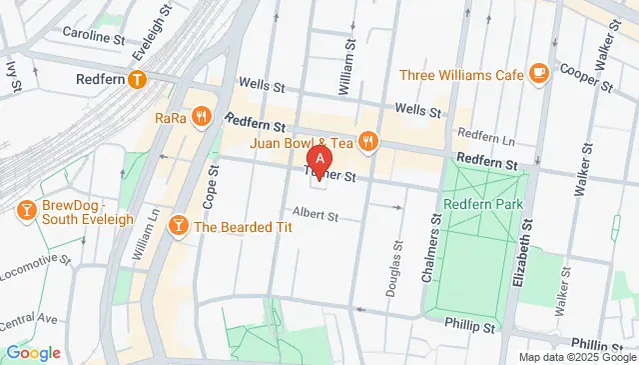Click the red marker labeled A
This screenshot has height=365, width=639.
pos(319,158)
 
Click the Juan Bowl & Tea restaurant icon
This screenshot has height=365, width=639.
pos(367,141)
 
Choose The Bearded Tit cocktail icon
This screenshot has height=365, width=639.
pos(180,225)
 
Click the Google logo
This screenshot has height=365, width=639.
pos(33,352)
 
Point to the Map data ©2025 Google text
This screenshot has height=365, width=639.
pos(576,357)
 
